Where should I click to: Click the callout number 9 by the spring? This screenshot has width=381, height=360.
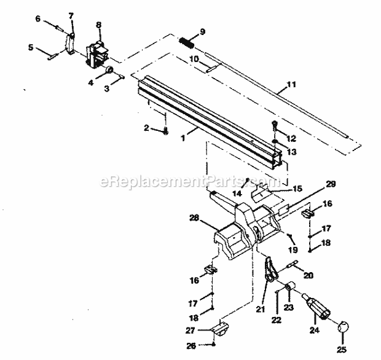tap(203, 32)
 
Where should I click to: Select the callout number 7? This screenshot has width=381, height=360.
tap(71, 14)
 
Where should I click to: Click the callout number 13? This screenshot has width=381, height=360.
tap(293, 151)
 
